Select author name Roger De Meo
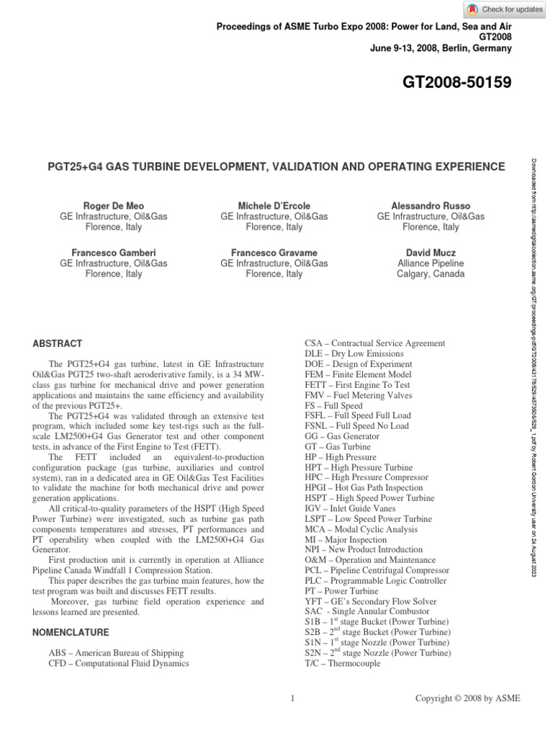pyautogui.click(x=113, y=206)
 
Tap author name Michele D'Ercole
pyautogui.click(x=274, y=206)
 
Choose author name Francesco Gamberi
pyautogui.click(x=113, y=253)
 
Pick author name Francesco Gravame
pyautogui.click(x=274, y=253)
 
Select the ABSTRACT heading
pyautogui.click(x=58, y=343)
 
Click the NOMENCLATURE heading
pyautogui.click(x=71, y=633)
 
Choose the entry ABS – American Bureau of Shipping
pyautogui.click(x=115, y=653)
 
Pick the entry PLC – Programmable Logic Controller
pyautogui.click(x=377, y=580)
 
